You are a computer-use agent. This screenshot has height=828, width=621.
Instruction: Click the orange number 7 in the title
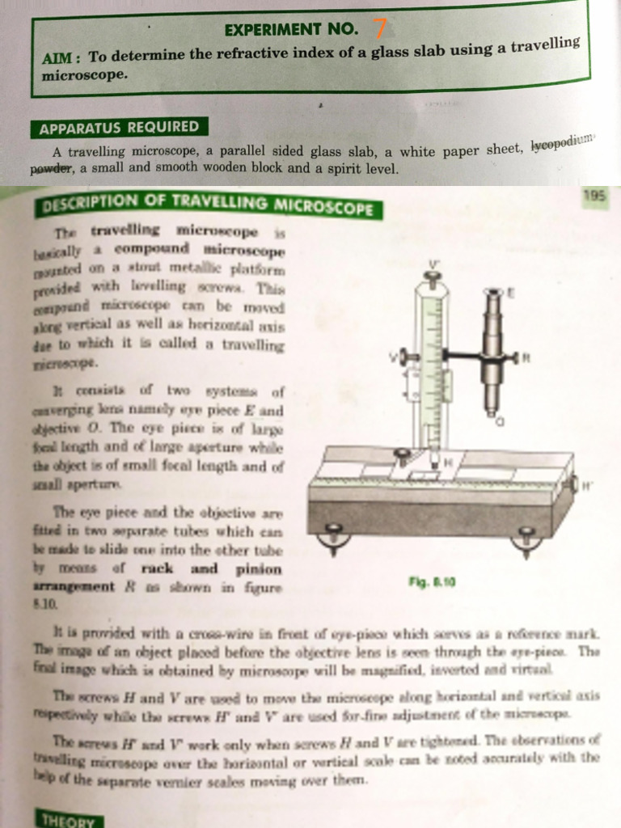(378, 28)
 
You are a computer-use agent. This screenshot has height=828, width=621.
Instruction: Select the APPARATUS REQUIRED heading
(118, 128)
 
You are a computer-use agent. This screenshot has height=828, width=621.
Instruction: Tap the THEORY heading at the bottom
(67, 820)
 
